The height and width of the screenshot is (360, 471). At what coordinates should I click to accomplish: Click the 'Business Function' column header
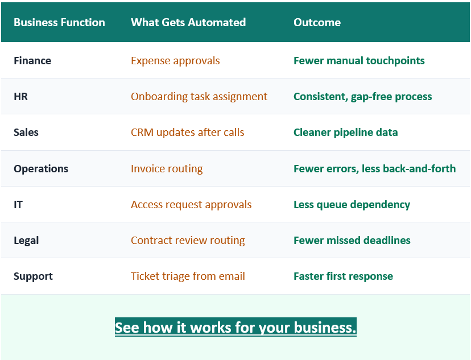click(59, 23)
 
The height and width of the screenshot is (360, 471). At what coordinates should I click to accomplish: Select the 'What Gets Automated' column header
click(188, 23)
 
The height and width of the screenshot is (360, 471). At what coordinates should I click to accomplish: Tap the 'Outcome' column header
click(317, 23)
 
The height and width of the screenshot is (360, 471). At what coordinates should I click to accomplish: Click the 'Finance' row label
click(32, 61)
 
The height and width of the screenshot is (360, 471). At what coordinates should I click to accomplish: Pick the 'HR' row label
click(21, 97)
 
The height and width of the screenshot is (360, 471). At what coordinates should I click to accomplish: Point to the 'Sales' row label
click(26, 133)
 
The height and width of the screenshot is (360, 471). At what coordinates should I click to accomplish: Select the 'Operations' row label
click(41, 169)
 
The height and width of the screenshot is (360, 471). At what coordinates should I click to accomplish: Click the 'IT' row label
click(18, 205)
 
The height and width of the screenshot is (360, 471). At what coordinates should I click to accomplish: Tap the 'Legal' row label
click(26, 241)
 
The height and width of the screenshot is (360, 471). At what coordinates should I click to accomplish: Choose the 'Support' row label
click(33, 276)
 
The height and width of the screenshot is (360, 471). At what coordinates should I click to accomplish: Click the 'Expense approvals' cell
click(175, 61)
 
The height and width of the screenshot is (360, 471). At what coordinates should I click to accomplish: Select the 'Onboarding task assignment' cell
click(199, 97)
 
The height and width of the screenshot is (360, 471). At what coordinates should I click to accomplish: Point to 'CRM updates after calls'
click(187, 133)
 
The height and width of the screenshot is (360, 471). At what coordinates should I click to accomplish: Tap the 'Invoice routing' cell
click(167, 169)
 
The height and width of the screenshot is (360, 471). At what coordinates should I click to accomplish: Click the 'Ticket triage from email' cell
click(188, 276)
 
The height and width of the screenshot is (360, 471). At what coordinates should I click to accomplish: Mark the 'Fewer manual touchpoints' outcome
click(359, 61)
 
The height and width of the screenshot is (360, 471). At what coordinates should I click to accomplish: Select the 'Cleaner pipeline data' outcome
click(345, 133)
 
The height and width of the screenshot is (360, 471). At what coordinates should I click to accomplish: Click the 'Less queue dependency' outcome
click(352, 205)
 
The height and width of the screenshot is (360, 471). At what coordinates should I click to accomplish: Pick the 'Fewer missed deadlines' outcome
click(352, 241)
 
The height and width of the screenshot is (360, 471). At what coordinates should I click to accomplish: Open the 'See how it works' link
click(235, 328)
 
